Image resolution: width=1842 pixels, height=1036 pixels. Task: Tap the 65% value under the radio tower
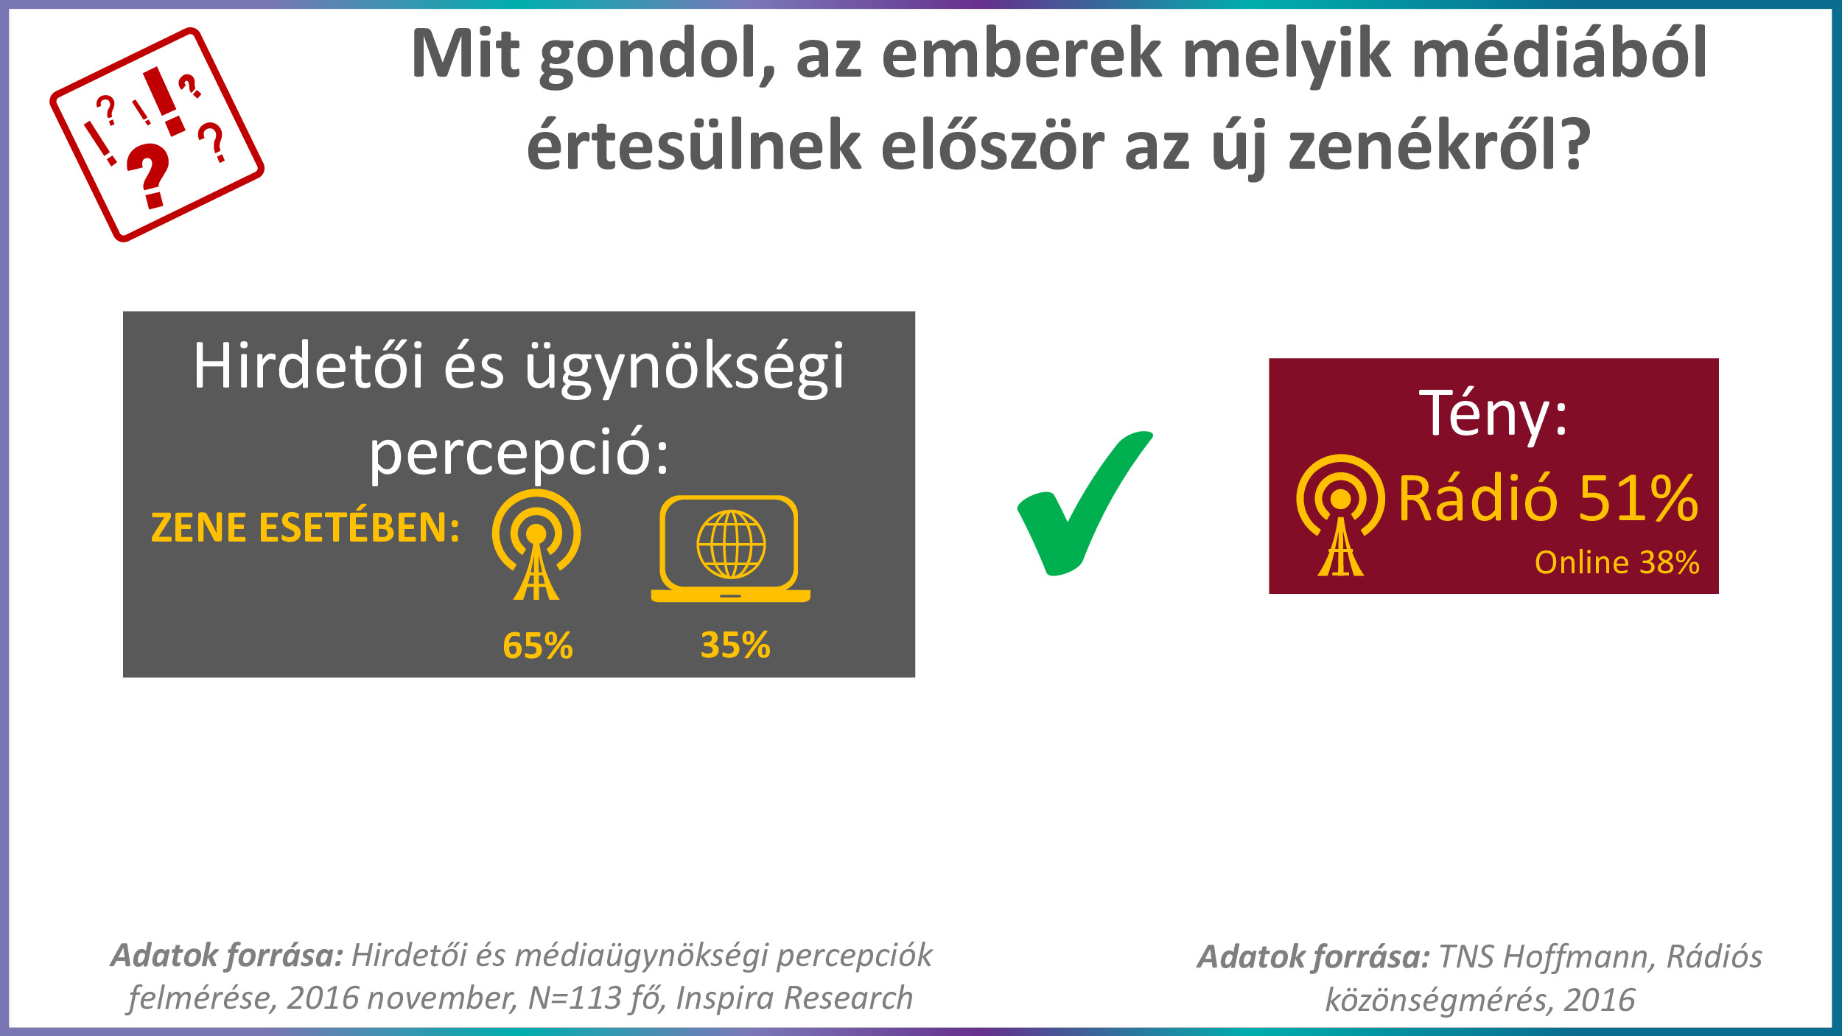[538, 645]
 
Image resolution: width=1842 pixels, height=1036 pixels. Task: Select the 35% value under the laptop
[735, 645]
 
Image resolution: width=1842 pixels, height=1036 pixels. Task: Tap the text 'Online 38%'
[1617, 562]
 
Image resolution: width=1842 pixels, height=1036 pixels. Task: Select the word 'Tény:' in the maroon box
[1493, 413]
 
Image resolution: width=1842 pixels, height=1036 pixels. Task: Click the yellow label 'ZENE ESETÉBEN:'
[305, 528]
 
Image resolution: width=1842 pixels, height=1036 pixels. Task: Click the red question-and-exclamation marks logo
[157, 134]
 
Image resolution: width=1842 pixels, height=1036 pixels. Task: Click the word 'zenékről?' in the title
[1440, 144]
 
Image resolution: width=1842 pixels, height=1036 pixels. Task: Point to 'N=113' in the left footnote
[575, 998]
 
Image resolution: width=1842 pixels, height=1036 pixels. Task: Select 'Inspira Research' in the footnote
[794, 998]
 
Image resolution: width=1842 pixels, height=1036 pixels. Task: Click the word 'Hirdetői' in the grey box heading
[309, 366]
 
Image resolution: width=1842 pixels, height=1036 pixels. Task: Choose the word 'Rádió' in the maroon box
[1478, 498]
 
